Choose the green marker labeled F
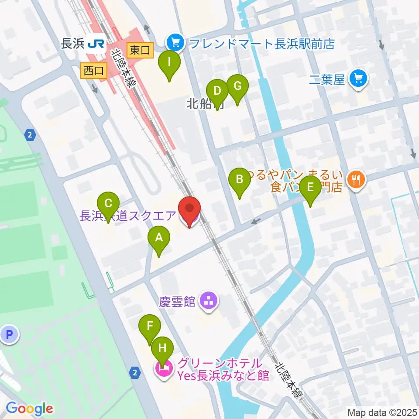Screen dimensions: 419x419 click(x=150, y=327)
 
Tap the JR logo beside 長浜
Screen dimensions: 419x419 click(x=96, y=44)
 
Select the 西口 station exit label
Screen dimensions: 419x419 click(x=94, y=71)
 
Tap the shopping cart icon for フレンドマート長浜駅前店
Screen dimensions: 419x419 click(x=175, y=42)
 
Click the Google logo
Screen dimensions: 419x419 click(x=30, y=409)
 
